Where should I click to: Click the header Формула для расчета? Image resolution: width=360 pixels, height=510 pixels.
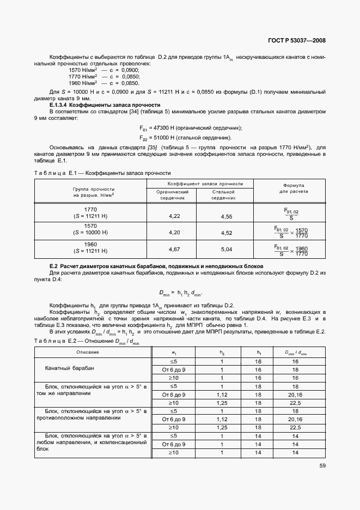point(295,189)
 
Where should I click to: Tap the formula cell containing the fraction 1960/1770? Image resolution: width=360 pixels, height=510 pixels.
point(292,250)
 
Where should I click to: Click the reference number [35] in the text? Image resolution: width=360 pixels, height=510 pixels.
point(152,148)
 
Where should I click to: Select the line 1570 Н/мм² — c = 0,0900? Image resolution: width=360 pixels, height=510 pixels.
point(104,71)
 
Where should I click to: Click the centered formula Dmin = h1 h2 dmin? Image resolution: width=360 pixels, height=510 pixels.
point(180,293)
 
